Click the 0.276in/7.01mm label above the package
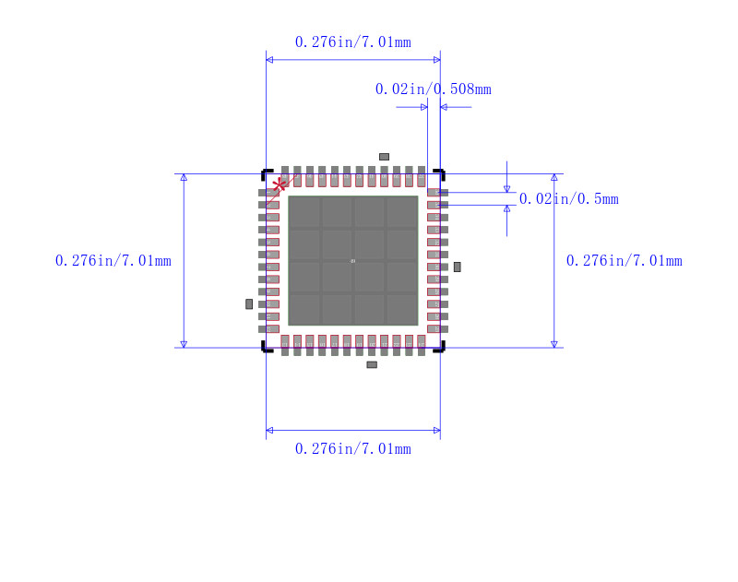pyautogui.click(x=352, y=42)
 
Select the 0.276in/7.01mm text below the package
pyautogui.click(x=352, y=449)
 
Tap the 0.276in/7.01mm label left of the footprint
pyautogui.click(x=113, y=261)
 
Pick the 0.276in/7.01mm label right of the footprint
pyautogui.click(x=625, y=261)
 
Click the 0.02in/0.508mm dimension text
pyautogui.click(x=433, y=89)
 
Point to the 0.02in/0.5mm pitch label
pyautogui.click(x=568, y=199)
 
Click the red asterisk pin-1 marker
pyautogui.click(x=280, y=185)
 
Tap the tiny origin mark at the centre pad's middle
pyautogui.click(x=353, y=261)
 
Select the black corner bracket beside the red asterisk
pyautogui.click(x=266, y=173)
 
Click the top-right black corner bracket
pyautogui.click(x=441, y=173)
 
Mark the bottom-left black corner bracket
pyautogui.click(x=266, y=348)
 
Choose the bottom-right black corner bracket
pyautogui.click(x=441, y=348)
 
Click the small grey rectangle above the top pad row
pyautogui.click(x=384, y=157)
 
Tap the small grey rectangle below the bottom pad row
pyautogui.click(x=372, y=364)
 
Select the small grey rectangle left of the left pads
pyautogui.click(x=249, y=303)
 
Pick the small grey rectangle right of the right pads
pyautogui.click(x=457, y=267)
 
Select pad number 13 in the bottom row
pyautogui.click(x=285, y=345)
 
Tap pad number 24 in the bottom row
pyautogui.click(x=422, y=345)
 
